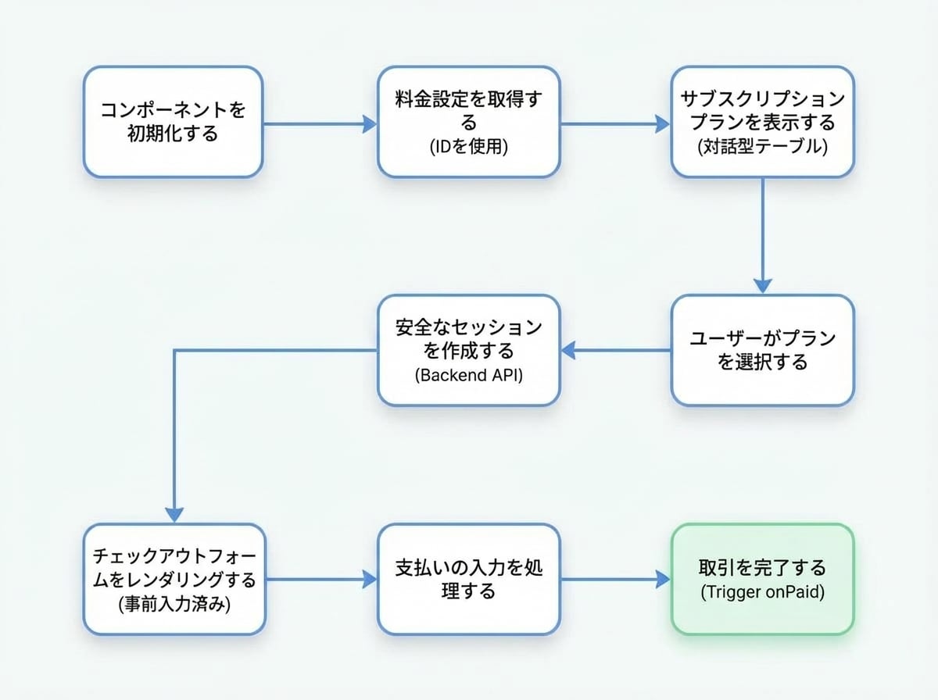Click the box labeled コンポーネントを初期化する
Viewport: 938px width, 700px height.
click(x=173, y=121)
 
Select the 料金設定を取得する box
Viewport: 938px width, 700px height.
click(x=468, y=121)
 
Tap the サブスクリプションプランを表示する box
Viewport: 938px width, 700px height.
click(x=762, y=121)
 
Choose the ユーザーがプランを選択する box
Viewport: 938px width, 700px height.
click(x=762, y=350)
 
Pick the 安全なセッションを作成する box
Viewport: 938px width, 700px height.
click(x=468, y=350)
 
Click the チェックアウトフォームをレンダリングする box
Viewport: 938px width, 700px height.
click(x=174, y=579)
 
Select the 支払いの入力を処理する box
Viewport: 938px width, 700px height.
click(x=468, y=579)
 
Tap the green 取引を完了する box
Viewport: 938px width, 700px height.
click(x=762, y=579)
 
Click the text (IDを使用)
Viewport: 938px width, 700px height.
click(x=468, y=146)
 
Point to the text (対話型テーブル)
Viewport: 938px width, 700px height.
click(x=762, y=146)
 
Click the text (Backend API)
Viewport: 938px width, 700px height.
click(x=468, y=375)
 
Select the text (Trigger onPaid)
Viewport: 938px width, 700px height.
click(x=762, y=591)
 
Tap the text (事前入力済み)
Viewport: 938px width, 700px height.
click(x=174, y=605)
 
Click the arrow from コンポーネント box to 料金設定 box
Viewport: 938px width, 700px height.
click(x=319, y=123)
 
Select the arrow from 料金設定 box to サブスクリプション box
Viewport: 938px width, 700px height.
click(x=614, y=123)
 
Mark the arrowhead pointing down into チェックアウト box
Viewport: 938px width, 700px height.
click(x=174, y=513)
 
